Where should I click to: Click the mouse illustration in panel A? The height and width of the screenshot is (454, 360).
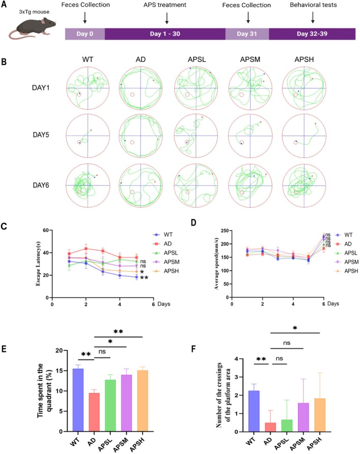pyautogui.click(x=31, y=28)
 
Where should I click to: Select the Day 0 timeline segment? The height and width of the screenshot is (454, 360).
pyautogui.click(x=85, y=34)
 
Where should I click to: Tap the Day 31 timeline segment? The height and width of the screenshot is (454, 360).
pyautogui.click(x=247, y=34)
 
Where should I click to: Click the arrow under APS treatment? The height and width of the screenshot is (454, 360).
pyautogui.click(x=167, y=18)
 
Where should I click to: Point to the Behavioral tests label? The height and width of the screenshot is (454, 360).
pyautogui.click(x=313, y=5)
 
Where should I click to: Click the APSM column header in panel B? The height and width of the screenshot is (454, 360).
pyautogui.click(x=250, y=59)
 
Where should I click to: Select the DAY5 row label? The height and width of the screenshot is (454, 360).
pyautogui.click(x=41, y=135)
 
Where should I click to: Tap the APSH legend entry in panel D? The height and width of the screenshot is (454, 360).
pyautogui.click(x=346, y=271)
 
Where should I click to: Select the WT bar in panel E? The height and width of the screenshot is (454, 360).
pyautogui.click(x=78, y=400)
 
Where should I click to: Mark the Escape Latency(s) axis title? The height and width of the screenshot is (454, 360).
pyautogui.click(x=38, y=264)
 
